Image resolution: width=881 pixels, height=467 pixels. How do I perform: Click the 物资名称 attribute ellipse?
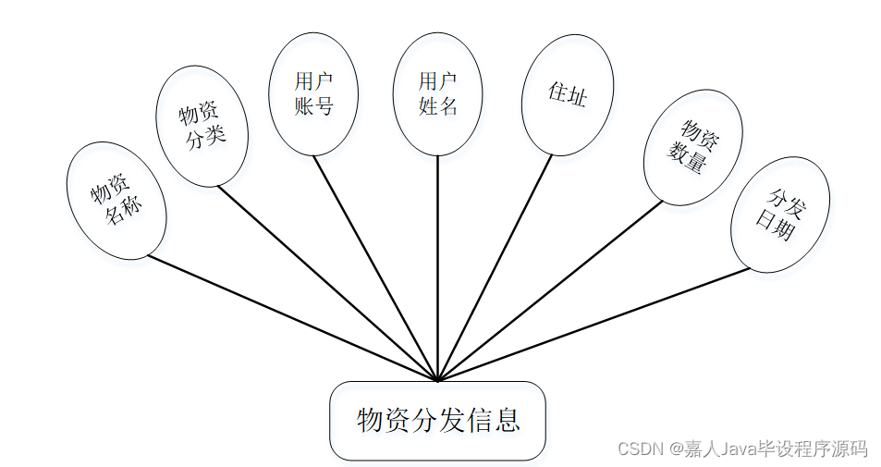(117, 201)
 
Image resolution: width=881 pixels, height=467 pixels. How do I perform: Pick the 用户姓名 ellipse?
(438, 93)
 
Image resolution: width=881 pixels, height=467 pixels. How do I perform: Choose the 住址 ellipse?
(567, 94)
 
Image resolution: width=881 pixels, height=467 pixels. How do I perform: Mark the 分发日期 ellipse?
(779, 215)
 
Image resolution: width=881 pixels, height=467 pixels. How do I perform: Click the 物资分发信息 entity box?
(438, 421)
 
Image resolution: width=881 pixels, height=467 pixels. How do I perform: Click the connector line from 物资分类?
(328, 283)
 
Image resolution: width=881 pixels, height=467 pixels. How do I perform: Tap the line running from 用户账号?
(375, 267)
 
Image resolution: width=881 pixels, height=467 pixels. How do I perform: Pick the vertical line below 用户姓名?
(438, 268)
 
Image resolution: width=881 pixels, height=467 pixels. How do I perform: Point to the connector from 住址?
(495, 267)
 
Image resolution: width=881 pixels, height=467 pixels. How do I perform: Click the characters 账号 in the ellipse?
(313, 106)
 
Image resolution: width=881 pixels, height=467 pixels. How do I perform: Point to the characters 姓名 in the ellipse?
(438, 106)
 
